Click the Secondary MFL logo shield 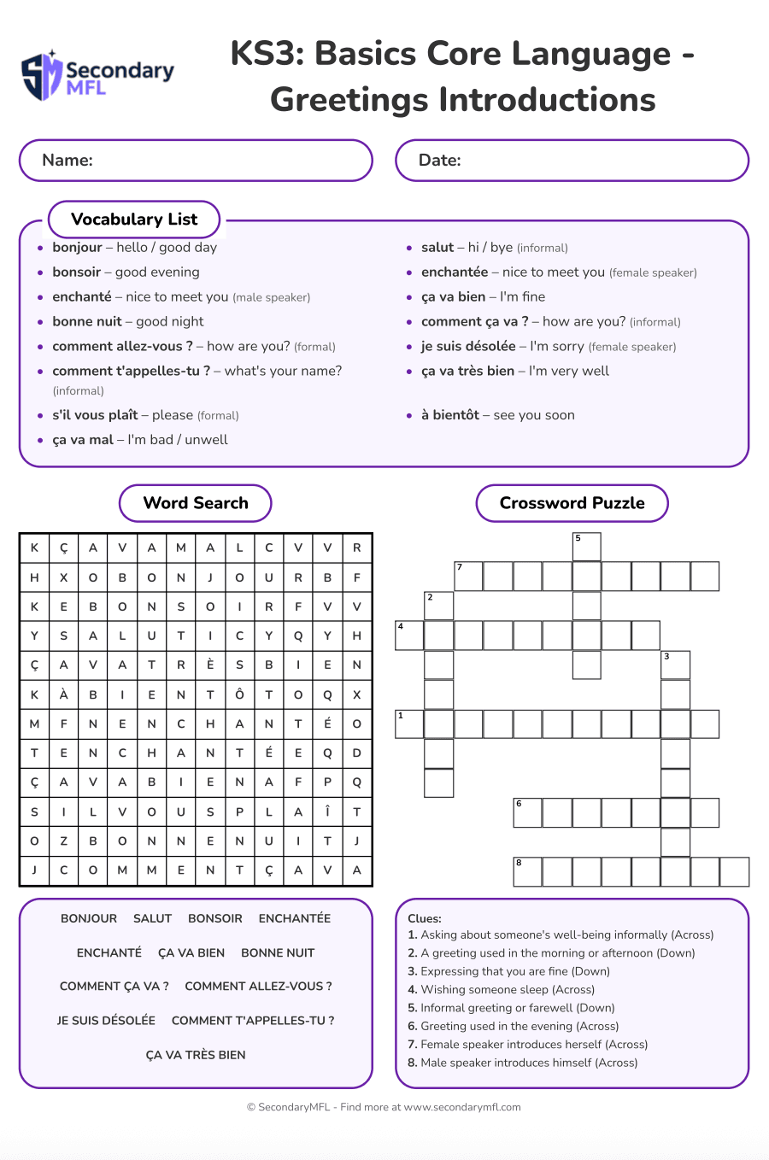[41, 76]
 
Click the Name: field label [68, 161]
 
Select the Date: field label [439, 161]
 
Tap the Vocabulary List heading [134, 220]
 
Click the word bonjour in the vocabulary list [77, 248]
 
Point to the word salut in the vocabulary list [437, 248]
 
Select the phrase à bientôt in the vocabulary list [449, 415]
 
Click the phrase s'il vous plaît [95, 415]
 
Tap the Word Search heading [196, 503]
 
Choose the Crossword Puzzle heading [572, 503]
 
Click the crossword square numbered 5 [586, 547]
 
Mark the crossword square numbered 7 [468, 577]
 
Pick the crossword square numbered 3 [675, 665]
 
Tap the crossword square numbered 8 [527, 872]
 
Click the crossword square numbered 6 [527, 813]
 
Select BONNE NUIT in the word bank [278, 952]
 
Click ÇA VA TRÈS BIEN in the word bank [196, 1055]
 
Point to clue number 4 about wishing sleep [502, 990]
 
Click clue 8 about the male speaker [523, 1063]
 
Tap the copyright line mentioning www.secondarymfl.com [384, 1107]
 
